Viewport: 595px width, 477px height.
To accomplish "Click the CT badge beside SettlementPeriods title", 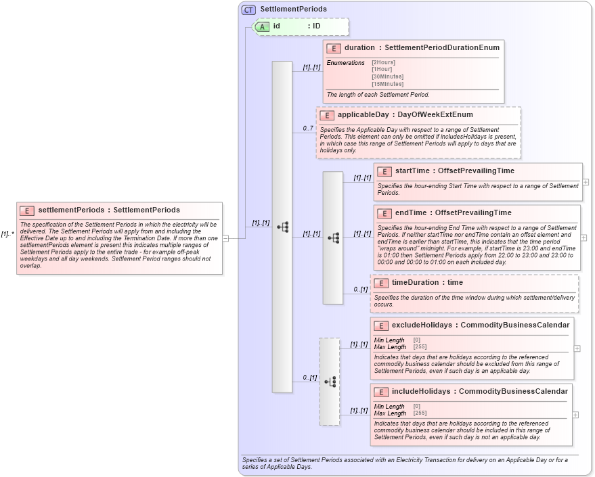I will pyautogui.click(x=249, y=9).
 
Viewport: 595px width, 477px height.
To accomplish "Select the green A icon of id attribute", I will pyautogui.click(x=262, y=26).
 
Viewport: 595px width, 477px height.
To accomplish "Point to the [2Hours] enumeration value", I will pyautogui.click(x=384, y=63).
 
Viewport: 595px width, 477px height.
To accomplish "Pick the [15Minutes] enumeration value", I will pyautogui.click(x=387, y=84).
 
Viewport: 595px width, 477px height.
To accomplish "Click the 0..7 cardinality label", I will pyautogui.click(x=308, y=129).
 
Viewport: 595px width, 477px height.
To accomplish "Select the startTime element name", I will pyautogui.click(x=414, y=171).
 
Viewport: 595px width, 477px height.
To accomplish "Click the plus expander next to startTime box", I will pyautogui.click(x=586, y=182).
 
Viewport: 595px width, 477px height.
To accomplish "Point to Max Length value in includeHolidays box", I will pyautogui.click(x=420, y=413).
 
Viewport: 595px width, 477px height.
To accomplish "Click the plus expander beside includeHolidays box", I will pyautogui.click(x=576, y=415).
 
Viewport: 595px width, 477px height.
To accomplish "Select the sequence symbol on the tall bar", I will pyautogui.click(x=283, y=227).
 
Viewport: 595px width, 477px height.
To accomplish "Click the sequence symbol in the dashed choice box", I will pyautogui.click(x=330, y=382).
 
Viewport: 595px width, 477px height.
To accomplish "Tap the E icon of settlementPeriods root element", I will pyautogui.click(x=27, y=210).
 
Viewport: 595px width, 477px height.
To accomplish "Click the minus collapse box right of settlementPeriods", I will pyautogui.click(x=225, y=237).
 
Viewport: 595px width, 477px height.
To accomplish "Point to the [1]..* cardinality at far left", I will pyautogui.click(x=7, y=234).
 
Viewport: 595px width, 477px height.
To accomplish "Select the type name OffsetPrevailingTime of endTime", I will pyautogui.click(x=473, y=213).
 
